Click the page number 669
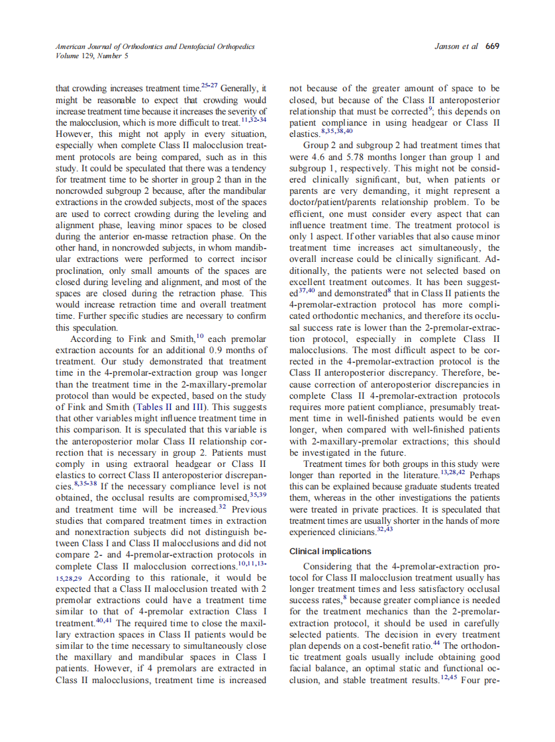point(492,46)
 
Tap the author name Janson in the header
point(447,46)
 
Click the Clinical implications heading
point(330,551)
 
